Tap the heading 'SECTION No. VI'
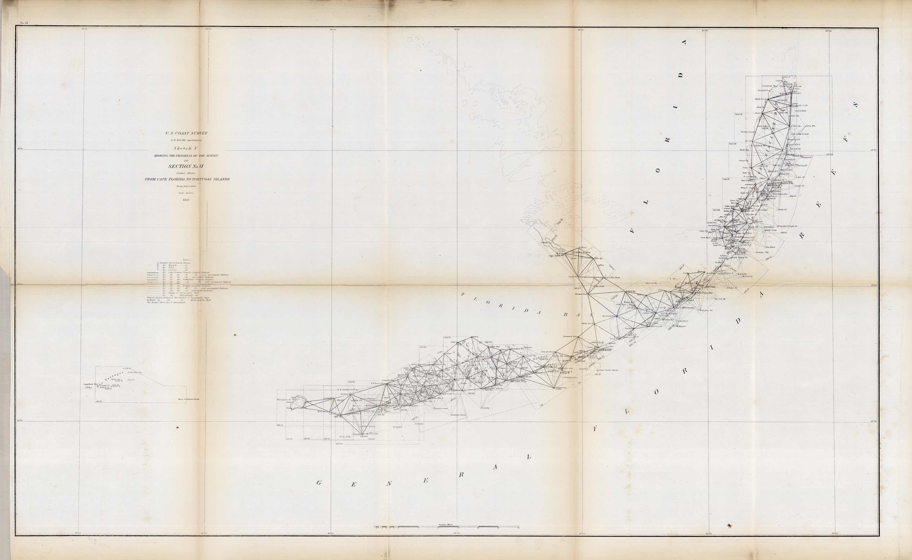[x=186, y=166]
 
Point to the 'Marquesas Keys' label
[x=287, y=400]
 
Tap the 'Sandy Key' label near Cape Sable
[x=573, y=277]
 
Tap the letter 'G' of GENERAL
[x=319, y=483]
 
